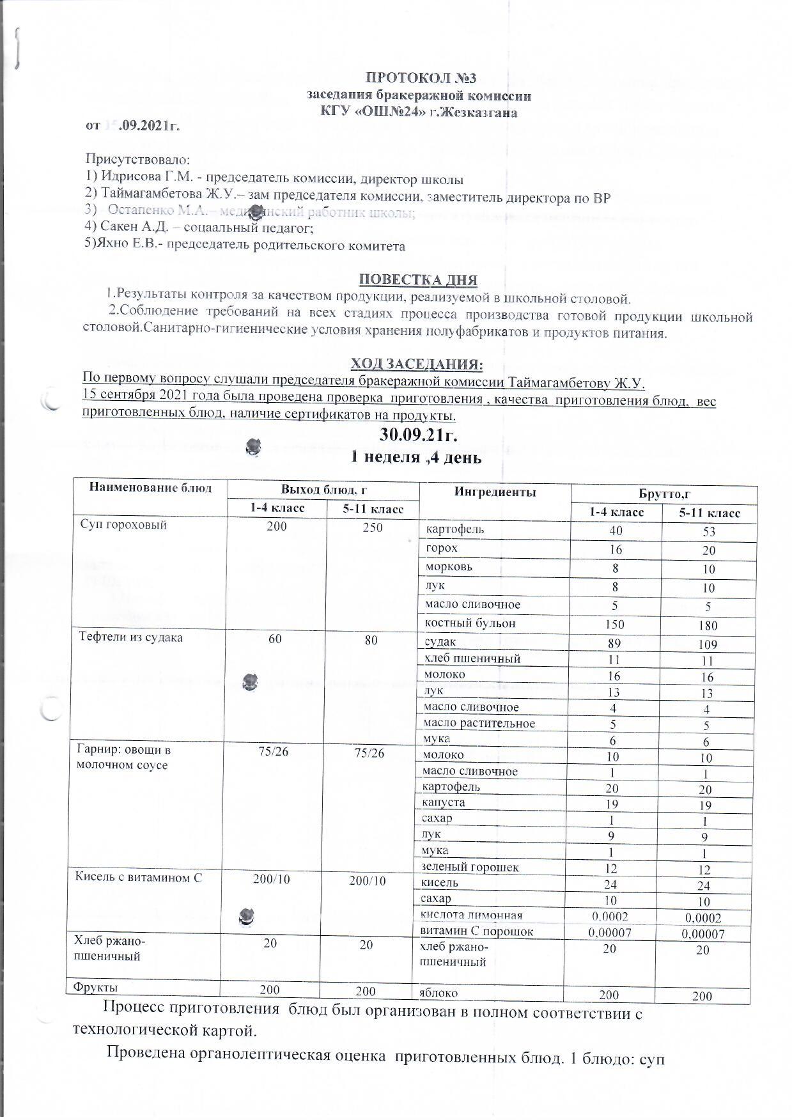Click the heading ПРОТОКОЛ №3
click(421, 79)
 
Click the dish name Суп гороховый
click(123, 525)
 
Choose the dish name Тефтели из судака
click(130, 637)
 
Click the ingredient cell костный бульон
click(470, 623)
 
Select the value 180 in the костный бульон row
click(708, 626)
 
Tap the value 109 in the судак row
click(706, 645)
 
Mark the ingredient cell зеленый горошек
click(470, 867)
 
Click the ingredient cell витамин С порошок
click(477, 931)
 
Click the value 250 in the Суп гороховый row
click(373, 527)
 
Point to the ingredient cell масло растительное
click(479, 724)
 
